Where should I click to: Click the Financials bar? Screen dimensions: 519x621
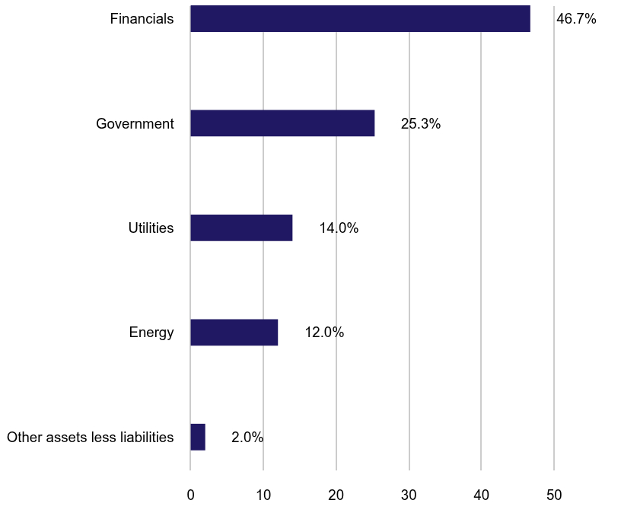[x=360, y=18]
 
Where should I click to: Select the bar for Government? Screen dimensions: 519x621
[x=282, y=123]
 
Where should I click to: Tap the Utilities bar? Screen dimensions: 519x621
[x=241, y=228]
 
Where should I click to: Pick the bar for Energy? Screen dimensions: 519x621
[x=234, y=333]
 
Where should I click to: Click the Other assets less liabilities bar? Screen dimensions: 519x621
[x=198, y=438]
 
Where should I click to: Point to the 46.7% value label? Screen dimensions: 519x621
[x=576, y=19]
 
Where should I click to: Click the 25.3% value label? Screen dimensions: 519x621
[x=421, y=123]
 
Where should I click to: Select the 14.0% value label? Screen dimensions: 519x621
[x=339, y=228]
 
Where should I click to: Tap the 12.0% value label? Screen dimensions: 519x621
[x=324, y=333]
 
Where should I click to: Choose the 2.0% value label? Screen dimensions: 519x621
[x=247, y=438]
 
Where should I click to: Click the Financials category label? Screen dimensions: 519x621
[x=142, y=19]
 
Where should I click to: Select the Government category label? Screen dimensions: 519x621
[x=135, y=123]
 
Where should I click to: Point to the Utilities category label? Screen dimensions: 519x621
[x=151, y=228]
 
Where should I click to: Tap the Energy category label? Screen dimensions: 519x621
[x=151, y=333]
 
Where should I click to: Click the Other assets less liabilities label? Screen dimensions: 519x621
[x=91, y=438]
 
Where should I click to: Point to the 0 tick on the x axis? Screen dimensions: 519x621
[x=190, y=495]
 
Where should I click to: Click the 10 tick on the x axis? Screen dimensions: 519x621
[x=263, y=495]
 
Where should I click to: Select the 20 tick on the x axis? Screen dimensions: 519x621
[x=336, y=495]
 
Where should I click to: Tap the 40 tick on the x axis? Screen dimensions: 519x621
[x=481, y=495]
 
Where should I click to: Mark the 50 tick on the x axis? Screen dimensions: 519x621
[x=554, y=495]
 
